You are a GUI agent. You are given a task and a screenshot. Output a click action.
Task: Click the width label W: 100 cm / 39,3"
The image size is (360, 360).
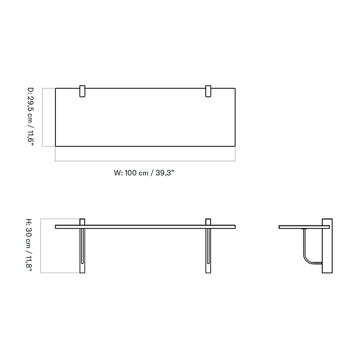[x=144, y=173]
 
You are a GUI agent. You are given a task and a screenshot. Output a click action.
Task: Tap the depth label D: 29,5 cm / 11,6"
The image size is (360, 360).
[x=31, y=117]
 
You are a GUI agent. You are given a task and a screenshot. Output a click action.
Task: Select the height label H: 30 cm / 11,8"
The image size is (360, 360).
[x=29, y=246]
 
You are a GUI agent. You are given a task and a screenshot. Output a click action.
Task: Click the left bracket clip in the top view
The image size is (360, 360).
[x=82, y=91]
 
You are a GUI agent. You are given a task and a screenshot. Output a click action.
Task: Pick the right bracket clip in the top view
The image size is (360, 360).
[x=208, y=91]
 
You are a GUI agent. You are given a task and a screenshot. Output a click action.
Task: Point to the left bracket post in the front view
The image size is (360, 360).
[x=82, y=246]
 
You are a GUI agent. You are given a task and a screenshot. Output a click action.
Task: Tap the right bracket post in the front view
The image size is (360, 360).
[x=208, y=246]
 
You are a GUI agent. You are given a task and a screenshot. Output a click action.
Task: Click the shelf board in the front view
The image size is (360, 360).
[x=145, y=227]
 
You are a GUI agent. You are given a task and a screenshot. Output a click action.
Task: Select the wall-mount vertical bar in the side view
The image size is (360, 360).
[x=327, y=246]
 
